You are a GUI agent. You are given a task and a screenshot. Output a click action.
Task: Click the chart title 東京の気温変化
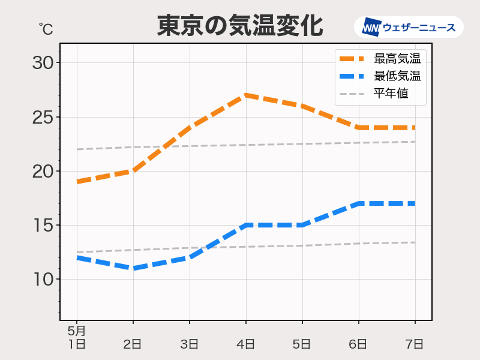click(x=240, y=26)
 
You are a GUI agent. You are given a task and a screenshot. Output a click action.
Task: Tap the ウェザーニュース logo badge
click(x=409, y=28)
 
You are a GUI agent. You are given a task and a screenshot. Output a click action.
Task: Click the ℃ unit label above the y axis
click(x=45, y=28)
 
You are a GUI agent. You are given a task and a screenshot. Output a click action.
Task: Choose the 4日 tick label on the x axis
click(x=245, y=344)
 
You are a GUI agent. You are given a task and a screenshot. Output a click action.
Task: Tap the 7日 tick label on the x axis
click(x=415, y=344)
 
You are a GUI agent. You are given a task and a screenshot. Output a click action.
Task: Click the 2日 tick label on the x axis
click(x=133, y=344)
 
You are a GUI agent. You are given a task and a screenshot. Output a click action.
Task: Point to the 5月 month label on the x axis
click(x=76, y=331)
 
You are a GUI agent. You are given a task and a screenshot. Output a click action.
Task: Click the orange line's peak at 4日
click(x=246, y=95)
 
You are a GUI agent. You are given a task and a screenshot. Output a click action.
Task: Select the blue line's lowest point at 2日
click(x=133, y=268)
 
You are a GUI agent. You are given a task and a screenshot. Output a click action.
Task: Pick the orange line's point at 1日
click(x=77, y=182)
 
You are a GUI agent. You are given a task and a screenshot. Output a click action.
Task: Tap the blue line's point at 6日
click(x=359, y=203)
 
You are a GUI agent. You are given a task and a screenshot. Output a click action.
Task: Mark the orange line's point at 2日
click(x=133, y=171)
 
